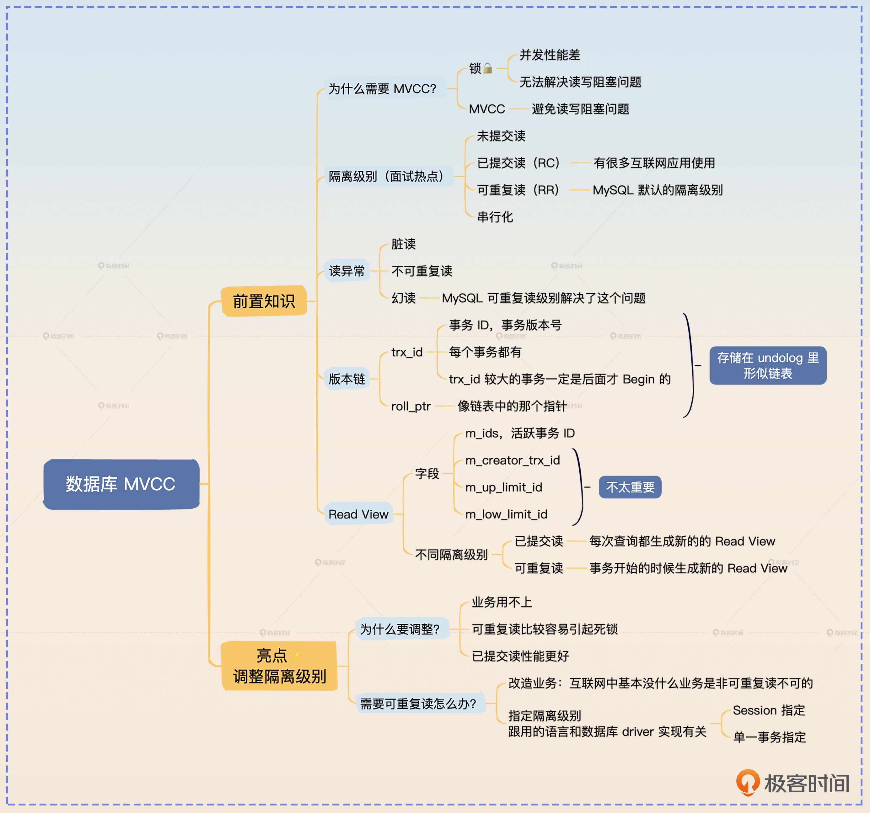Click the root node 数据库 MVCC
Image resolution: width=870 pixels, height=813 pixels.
[x=121, y=484]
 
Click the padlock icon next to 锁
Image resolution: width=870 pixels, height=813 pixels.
[x=487, y=68]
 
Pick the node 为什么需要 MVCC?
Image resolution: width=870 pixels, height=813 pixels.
[x=383, y=89]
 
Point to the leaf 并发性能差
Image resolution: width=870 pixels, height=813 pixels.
[x=550, y=55]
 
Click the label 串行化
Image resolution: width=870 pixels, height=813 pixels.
[x=495, y=217]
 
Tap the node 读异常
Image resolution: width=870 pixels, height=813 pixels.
[x=346, y=271]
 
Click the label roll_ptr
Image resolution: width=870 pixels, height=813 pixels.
[x=411, y=406]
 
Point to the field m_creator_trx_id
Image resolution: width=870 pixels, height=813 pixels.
[x=513, y=460]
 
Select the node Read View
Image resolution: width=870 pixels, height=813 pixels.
[x=358, y=514]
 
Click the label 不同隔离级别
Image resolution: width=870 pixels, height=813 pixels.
[x=451, y=555]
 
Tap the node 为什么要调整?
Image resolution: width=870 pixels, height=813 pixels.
[x=400, y=629]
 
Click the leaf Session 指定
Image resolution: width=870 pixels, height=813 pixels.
[x=769, y=710]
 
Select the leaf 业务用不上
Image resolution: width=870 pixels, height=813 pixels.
[x=502, y=602]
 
